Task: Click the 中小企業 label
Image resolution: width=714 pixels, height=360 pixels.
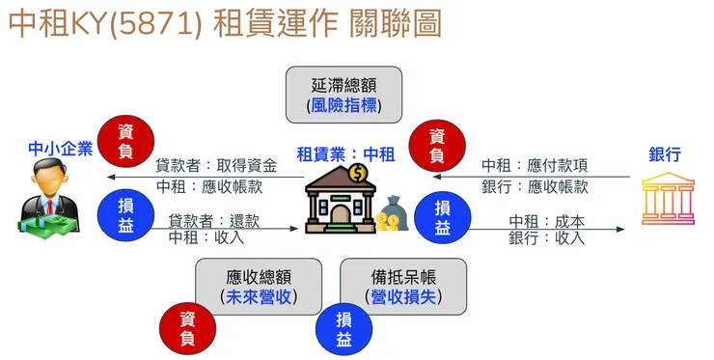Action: (x=60, y=150)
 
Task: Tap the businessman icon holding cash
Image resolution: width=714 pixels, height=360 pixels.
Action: (x=44, y=199)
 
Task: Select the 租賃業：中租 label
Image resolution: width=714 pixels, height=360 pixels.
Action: (x=345, y=152)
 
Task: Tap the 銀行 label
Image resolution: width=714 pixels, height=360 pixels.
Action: (x=665, y=153)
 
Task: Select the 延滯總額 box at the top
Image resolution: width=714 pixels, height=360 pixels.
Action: (x=343, y=94)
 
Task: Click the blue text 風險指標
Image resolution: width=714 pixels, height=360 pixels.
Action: (x=343, y=105)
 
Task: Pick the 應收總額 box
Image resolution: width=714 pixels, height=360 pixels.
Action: (x=258, y=285)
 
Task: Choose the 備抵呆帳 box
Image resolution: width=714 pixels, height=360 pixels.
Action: (x=403, y=285)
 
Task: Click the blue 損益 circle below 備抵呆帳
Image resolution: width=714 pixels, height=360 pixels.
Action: (x=344, y=330)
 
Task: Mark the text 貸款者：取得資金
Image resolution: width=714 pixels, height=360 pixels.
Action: (x=216, y=166)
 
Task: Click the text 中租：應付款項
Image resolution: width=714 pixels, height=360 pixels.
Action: (x=535, y=166)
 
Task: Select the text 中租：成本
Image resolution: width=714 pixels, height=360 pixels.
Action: (x=547, y=221)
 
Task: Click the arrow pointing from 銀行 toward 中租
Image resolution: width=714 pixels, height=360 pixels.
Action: (x=531, y=177)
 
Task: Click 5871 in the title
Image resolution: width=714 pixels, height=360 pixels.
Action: (x=160, y=25)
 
